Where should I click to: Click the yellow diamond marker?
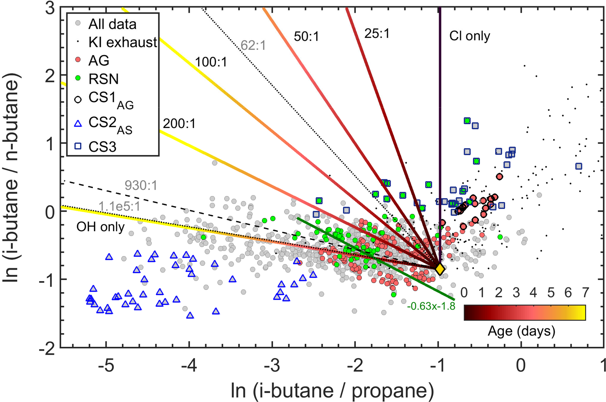pyautogui.click(x=439, y=269)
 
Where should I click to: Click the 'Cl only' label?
pyautogui.click(x=469, y=36)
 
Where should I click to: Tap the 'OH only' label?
pyautogui.click(x=100, y=227)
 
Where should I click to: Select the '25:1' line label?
pyautogui.click(x=377, y=34)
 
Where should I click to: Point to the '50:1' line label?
pyautogui.click(x=306, y=37)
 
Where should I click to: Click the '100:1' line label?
pyautogui.click(x=211, y=62)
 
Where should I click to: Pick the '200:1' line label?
pyautogui.click(x=179, y=124)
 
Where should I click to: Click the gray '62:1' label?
pyautogui.click(x=253, y=46)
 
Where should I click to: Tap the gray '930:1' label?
pyautogui.click(x=141, y=186)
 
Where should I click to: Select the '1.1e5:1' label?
pyautogui.click(x=119, y=206)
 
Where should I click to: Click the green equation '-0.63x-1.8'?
pyautogui.click(x=431, y=306)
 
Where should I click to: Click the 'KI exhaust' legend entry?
pyautogui.click(x=123, y=43)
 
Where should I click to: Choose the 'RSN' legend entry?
pyautogui.click(x=103, y=79)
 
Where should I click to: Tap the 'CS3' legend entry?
pyautogui.click(x=102, y=147)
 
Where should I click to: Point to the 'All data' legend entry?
pyautogui.click(x=112, y=24)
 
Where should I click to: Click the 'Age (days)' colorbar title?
pyautogui.click(x=521, y=331)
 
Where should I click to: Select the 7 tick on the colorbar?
pyautogui.click(x=585, y=292)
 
